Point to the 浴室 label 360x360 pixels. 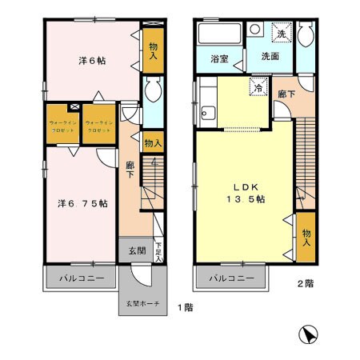(x=219, y=58)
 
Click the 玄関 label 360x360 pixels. (x=137, y=249)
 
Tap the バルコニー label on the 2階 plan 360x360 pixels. (x=231, y=279)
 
